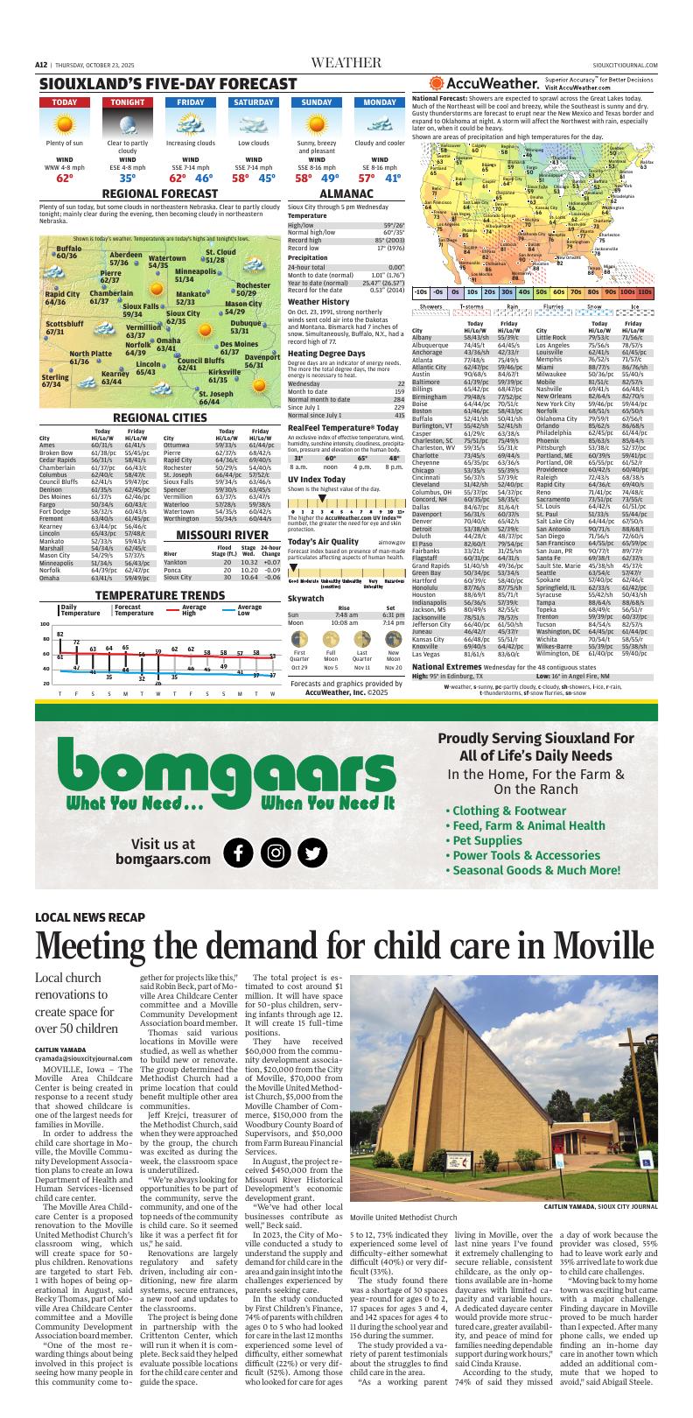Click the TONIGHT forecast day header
point(127,102)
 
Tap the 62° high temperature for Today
point(64,178)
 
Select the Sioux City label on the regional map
point(183,318)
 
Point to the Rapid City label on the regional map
point(61,298)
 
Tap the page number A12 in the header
point(41,64)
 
